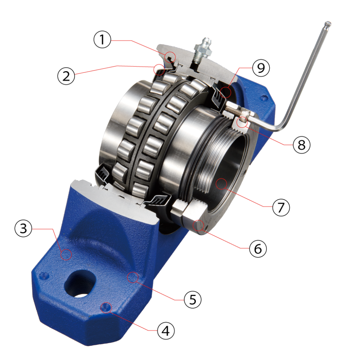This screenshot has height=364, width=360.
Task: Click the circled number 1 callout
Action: coord(102,39)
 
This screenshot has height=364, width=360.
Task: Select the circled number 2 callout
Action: coord(66,76)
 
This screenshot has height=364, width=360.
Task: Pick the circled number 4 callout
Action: coord(166,331)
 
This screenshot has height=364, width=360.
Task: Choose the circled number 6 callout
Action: coord(258,249)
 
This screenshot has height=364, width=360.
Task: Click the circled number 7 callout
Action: coord(281,207)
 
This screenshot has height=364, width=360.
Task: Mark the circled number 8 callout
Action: coord(302,145)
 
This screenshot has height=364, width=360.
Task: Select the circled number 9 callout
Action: coord(261,68)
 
